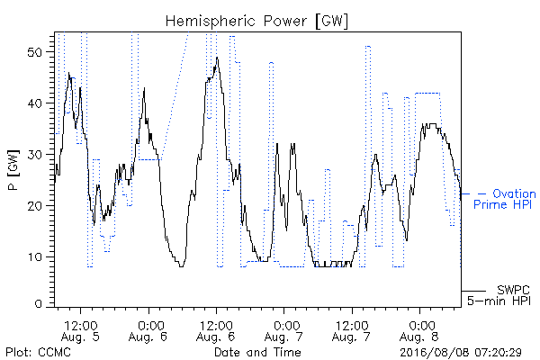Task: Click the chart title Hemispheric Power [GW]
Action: pyautogui.click(x=256, y=21)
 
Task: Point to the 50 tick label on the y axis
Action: pyautogui.click(x=34, y=52)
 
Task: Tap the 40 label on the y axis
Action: pyautogui.click(x=34, y=103)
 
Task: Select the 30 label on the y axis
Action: pyautogui.click(x=34, y=155)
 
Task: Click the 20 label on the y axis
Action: pyautogui.click(x=34, y=206)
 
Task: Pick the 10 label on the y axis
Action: pyautogui.click(x=34, y=257)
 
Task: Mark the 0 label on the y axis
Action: pyautogui.click(x=38, y=303)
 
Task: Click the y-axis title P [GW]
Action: pyautogui.click(x=13, y=170)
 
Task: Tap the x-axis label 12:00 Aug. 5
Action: pyautogui.click(x=81, y=331)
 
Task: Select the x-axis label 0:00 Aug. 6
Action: pyautogui.click(x=148, y=331)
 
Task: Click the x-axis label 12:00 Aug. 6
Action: pyautogui.click(x=216, y=331)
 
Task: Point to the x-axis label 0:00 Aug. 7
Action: pyautogui.click(x=283, y=331)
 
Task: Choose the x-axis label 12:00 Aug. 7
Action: pyautogui.click(x=351, y=331)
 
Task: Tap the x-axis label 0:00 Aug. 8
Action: pyautogui.click(x=419, y=331)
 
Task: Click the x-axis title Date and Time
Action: pyautogui.click(x=257, y=353)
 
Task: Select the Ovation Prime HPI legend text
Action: pyautogui.click(x=505, y=199)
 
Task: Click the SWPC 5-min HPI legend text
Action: pyautogui.click(x=499, y=295)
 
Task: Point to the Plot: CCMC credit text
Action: pyautogui.click(x=38, y=353)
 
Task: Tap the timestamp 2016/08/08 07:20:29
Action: pyautogui.click(x=461, y=353)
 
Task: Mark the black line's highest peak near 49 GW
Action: pyautogui.click(x=217, y=58)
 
